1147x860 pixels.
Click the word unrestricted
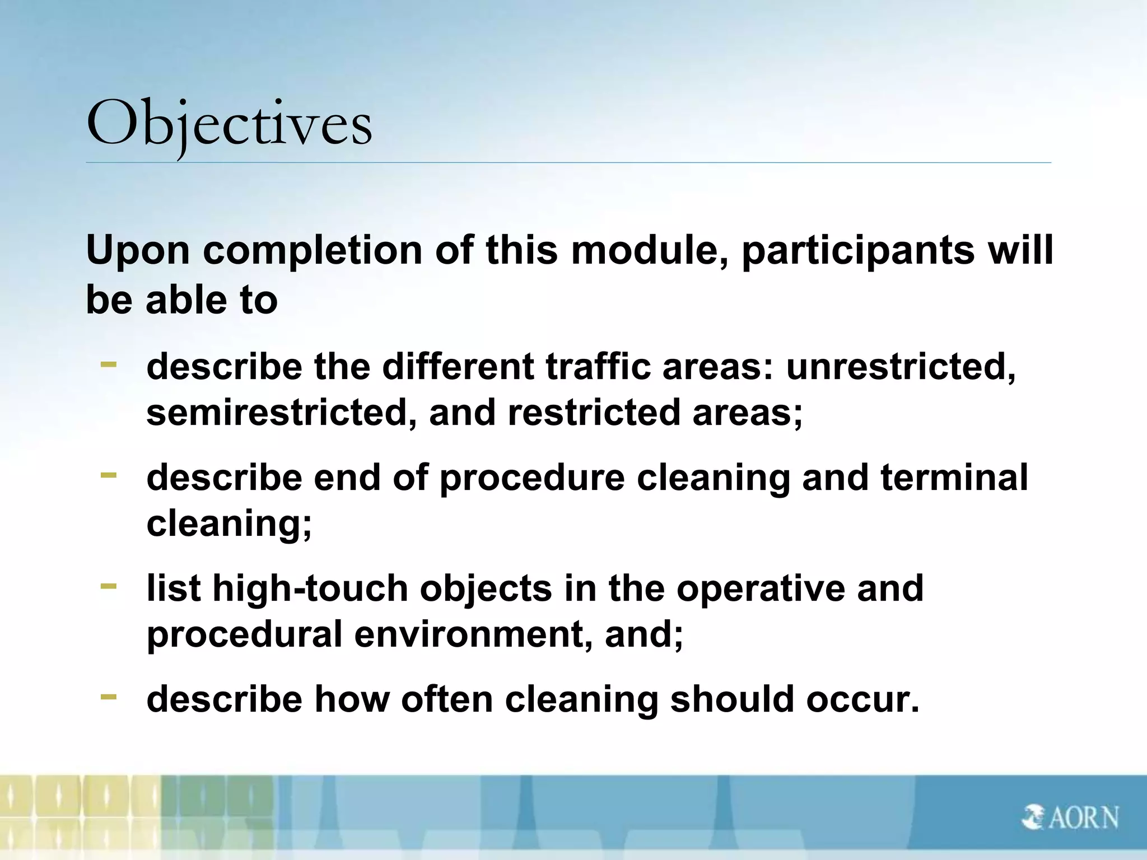901,367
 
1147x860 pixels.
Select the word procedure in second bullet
531,478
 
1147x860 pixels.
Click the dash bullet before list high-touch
109,586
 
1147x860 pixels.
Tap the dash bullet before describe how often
109,697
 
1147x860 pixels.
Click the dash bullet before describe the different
109,364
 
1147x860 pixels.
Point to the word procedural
244,634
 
